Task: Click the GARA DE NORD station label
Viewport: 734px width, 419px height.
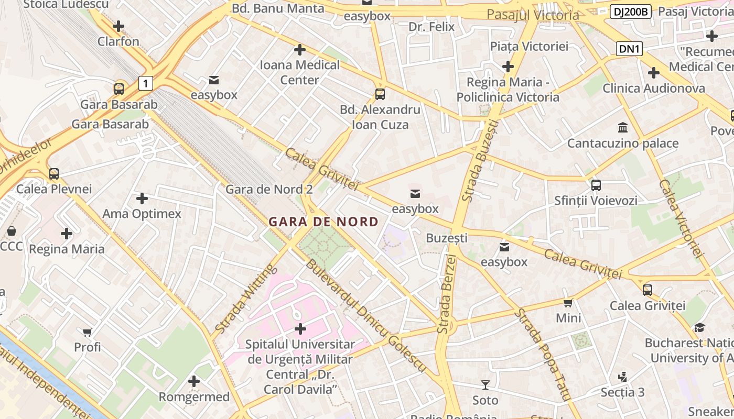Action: point(323,222)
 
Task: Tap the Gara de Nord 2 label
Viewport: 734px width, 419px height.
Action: point(269,190)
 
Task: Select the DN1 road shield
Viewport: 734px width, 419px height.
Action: point(629,49)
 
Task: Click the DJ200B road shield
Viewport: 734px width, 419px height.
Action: point(630,12)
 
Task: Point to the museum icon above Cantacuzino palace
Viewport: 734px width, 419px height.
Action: point(623,127)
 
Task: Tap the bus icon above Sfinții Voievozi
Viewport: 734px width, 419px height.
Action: point(596,185)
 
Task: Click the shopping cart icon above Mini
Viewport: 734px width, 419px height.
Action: point(568,303)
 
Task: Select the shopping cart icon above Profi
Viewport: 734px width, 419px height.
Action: point(88,332)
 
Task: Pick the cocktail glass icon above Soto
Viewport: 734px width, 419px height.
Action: point(485,385)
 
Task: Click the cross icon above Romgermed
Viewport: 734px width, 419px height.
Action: point(194,381)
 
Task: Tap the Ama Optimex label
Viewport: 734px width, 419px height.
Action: point(142,214)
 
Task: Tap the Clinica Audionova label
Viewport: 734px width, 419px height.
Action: point(653,88)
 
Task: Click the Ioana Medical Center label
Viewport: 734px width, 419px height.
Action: point(300,72)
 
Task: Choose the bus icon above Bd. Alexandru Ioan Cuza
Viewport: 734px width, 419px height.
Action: point(380,94)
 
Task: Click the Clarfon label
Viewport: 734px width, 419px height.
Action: point(118,41)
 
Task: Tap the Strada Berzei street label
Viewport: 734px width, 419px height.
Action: point(448,294)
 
